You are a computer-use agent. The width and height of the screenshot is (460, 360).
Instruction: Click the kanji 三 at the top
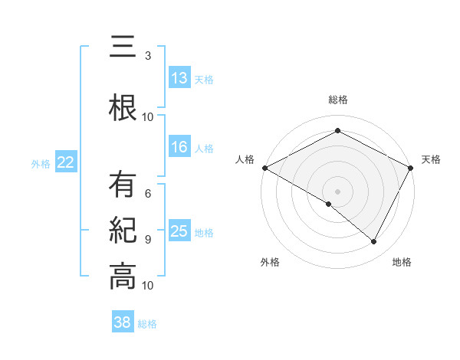122,50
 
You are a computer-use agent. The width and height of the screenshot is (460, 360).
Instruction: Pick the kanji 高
122,276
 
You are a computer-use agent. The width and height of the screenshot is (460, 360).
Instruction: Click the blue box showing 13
179,79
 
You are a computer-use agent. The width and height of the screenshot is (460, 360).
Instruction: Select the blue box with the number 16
179,148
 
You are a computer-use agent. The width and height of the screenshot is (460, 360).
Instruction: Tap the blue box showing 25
179,232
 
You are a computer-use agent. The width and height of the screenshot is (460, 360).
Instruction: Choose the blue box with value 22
65,162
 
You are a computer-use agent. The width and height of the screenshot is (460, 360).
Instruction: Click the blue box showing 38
122,323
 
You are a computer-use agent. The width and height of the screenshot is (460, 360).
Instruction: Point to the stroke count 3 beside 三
148,56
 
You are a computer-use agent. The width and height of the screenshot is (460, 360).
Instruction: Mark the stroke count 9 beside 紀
148,239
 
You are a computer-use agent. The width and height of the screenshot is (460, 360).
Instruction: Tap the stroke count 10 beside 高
148,285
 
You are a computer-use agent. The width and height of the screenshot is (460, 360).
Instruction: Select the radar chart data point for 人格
264,168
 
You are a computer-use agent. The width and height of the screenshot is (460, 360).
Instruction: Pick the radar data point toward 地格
374,241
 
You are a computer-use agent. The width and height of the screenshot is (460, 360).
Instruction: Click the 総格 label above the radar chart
338,100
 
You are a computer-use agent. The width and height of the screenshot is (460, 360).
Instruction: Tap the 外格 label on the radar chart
270,263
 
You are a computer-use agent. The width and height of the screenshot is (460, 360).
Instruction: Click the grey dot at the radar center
338,191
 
